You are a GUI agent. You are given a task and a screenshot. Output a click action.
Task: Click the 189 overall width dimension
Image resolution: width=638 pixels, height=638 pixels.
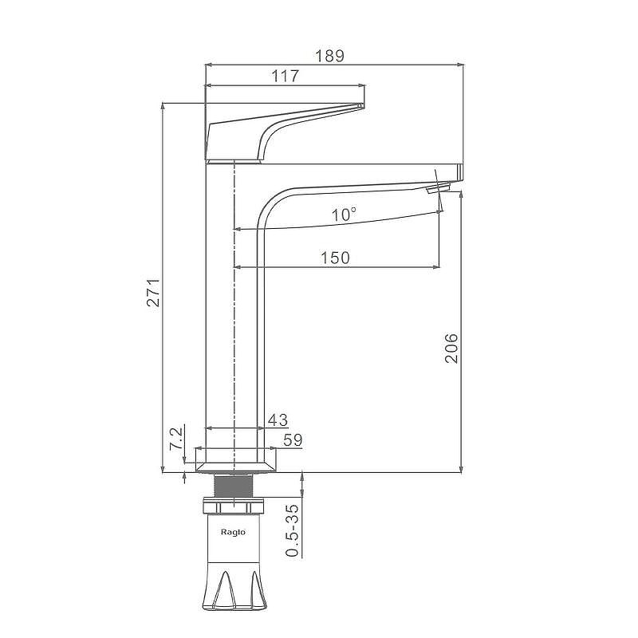point(330,56)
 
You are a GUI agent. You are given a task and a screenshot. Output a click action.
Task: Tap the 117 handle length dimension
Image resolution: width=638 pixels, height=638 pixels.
point(286,76)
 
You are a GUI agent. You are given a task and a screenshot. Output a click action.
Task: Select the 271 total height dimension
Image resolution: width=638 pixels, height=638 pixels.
point(154,293)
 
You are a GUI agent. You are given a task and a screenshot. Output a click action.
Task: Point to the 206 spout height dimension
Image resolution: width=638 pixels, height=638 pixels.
point(451,348)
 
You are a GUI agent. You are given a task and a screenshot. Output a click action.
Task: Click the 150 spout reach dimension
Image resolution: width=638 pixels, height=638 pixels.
point(335,258)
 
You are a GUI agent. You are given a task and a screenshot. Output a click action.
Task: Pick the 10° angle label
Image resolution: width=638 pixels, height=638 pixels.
point(344,214)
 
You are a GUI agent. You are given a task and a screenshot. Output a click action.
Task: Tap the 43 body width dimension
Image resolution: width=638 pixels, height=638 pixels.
point(278,420)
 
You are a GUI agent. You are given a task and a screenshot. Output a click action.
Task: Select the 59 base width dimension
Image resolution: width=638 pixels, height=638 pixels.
point(293,440)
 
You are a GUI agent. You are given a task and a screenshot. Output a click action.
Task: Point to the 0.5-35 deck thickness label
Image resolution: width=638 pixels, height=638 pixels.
point(293,530)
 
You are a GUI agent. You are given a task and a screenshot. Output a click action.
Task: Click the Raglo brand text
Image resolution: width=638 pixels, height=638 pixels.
point(233,532)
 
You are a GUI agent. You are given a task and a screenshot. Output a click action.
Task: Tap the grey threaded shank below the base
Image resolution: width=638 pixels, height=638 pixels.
point(234,486)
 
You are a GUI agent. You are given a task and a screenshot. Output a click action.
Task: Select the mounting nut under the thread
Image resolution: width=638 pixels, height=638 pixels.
point(234,506)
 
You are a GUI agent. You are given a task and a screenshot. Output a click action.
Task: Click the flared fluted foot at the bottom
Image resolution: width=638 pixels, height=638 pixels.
point(234,587)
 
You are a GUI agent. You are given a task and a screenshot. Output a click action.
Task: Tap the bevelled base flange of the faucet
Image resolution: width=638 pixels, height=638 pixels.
point(235,467)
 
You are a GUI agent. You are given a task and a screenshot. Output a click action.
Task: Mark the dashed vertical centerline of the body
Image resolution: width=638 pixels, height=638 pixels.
point(234,318)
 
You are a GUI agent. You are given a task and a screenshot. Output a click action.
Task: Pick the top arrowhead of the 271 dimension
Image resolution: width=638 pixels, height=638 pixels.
point(163,107)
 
